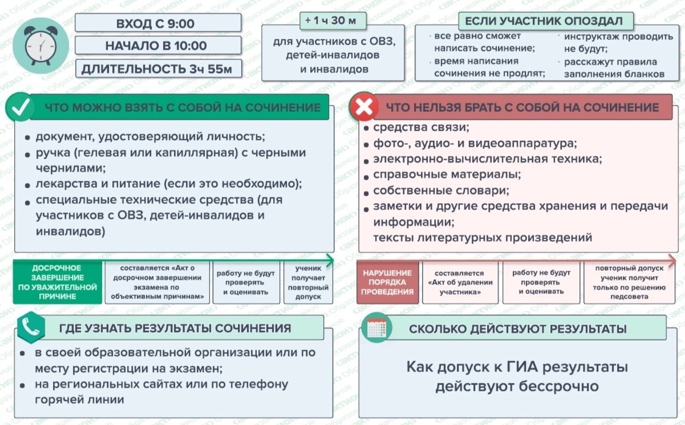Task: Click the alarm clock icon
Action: click(40, 46)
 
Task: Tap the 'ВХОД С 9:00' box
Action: click(158, 23)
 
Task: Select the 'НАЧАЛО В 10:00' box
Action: click(158, 45)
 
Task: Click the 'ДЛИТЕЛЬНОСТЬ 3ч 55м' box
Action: click(159, 68)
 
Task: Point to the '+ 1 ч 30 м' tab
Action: click(333, 21)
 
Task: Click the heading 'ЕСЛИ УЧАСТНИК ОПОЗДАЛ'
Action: click(546, 21)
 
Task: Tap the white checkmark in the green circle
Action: click(20, 107)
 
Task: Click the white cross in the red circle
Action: click(364, 107)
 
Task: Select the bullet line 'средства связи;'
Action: click(421, 127)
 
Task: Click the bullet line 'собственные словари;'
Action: click(441, 191)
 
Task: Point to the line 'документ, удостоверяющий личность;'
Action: click(151, 136)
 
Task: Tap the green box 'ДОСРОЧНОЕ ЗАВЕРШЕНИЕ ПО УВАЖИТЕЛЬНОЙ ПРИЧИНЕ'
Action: click(58, 282)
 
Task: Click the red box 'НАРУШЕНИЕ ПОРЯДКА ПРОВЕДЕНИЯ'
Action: click(387, 282)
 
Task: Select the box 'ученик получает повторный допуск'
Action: click(308, 282)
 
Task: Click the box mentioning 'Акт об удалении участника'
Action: click(460, 282)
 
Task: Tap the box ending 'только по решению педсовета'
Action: click(629, 282)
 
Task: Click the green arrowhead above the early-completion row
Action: click(330, 261)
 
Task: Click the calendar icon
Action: click(376, 328)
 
